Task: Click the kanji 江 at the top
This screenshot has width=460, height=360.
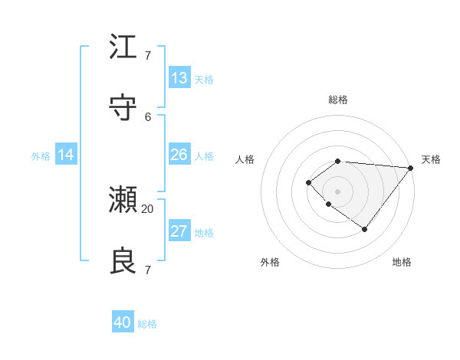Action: pos(123,47)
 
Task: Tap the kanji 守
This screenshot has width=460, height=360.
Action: pos(123,108)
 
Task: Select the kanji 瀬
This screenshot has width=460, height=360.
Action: pos(123,200)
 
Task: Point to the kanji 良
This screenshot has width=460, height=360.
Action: pos(123,261)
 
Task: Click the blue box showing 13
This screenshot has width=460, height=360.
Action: pos(179,78)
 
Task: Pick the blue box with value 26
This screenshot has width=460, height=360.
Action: pos(179,155)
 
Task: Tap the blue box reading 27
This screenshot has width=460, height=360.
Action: pos(179,231)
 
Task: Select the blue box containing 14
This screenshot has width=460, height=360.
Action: pos(66,155)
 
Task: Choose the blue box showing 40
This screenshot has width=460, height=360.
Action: pos(123,322)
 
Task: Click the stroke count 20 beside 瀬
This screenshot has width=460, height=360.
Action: pos(148,208)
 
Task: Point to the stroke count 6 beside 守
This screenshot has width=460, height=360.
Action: pos(148,116)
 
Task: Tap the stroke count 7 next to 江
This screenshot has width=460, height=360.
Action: pos(148,56)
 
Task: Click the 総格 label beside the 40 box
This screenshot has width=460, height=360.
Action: pos(148,324)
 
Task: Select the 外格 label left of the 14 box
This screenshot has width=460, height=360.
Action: pos(41,155)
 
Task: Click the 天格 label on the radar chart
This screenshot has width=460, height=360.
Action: pos(431,159)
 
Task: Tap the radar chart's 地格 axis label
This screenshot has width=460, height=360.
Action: pos(402,262)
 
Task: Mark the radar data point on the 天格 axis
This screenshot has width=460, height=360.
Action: pos(411,167)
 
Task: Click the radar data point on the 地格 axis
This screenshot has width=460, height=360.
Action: pos(365,229)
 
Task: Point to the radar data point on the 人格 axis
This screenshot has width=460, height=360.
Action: pos(308,182)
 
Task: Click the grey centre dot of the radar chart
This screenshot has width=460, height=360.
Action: pos(337,191)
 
